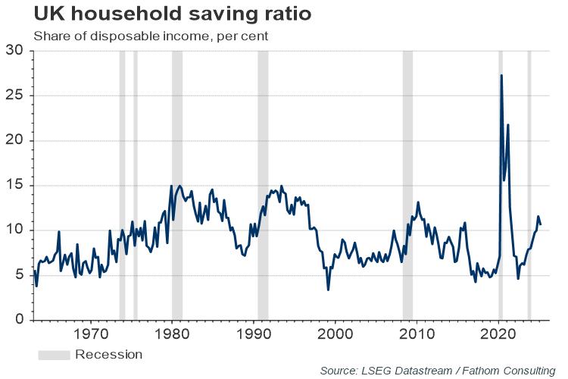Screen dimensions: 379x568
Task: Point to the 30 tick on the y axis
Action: click(x=15, y=51)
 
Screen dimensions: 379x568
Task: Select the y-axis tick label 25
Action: click(x=15, y=96)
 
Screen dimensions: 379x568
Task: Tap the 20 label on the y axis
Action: click(x=15, y=140)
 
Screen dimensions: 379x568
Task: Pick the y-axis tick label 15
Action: click(x=15, y=185)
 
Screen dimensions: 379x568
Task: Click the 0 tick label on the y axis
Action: click(x=19, y=320)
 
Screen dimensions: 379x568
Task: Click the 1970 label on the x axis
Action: click(x=90, y=334)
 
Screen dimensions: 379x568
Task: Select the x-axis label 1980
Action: click(x=172, y=334)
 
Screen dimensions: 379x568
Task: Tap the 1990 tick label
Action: click(x=254, y=334)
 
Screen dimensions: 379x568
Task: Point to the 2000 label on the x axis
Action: click(x=335, y=334)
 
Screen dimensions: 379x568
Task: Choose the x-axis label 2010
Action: click(x=417, y=334)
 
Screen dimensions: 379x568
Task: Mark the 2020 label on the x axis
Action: click(x=499, y=334)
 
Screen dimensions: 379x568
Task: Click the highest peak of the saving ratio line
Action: click(x=501, y=76)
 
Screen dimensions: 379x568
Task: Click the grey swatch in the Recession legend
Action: click(x=54, y=354)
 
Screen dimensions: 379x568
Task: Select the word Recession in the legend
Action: click(x=108, y=354)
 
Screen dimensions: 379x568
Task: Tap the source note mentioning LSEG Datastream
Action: click(x=437, y=370)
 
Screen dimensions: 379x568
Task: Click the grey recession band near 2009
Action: click(x=407, y=182)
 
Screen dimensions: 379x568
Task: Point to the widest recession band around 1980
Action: click(x=177, y=182)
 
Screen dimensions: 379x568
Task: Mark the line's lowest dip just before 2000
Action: click(x=328, y=289)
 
